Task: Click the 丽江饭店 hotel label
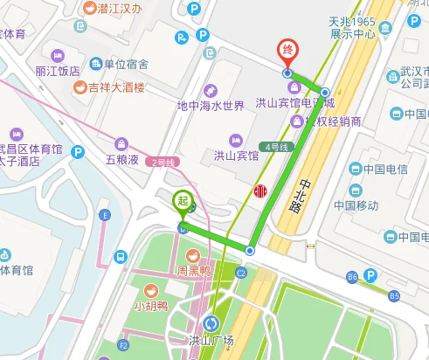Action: click(x=58, y=71)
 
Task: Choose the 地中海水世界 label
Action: click(x=210, y=106)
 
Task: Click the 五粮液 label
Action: click(x=122, y=160)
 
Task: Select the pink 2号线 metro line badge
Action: click(x=163, y=162)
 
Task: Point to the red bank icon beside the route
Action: click(x=259, y=192)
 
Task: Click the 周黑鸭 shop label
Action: click(x=191, y=271)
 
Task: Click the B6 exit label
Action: click(x=352, y=277)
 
